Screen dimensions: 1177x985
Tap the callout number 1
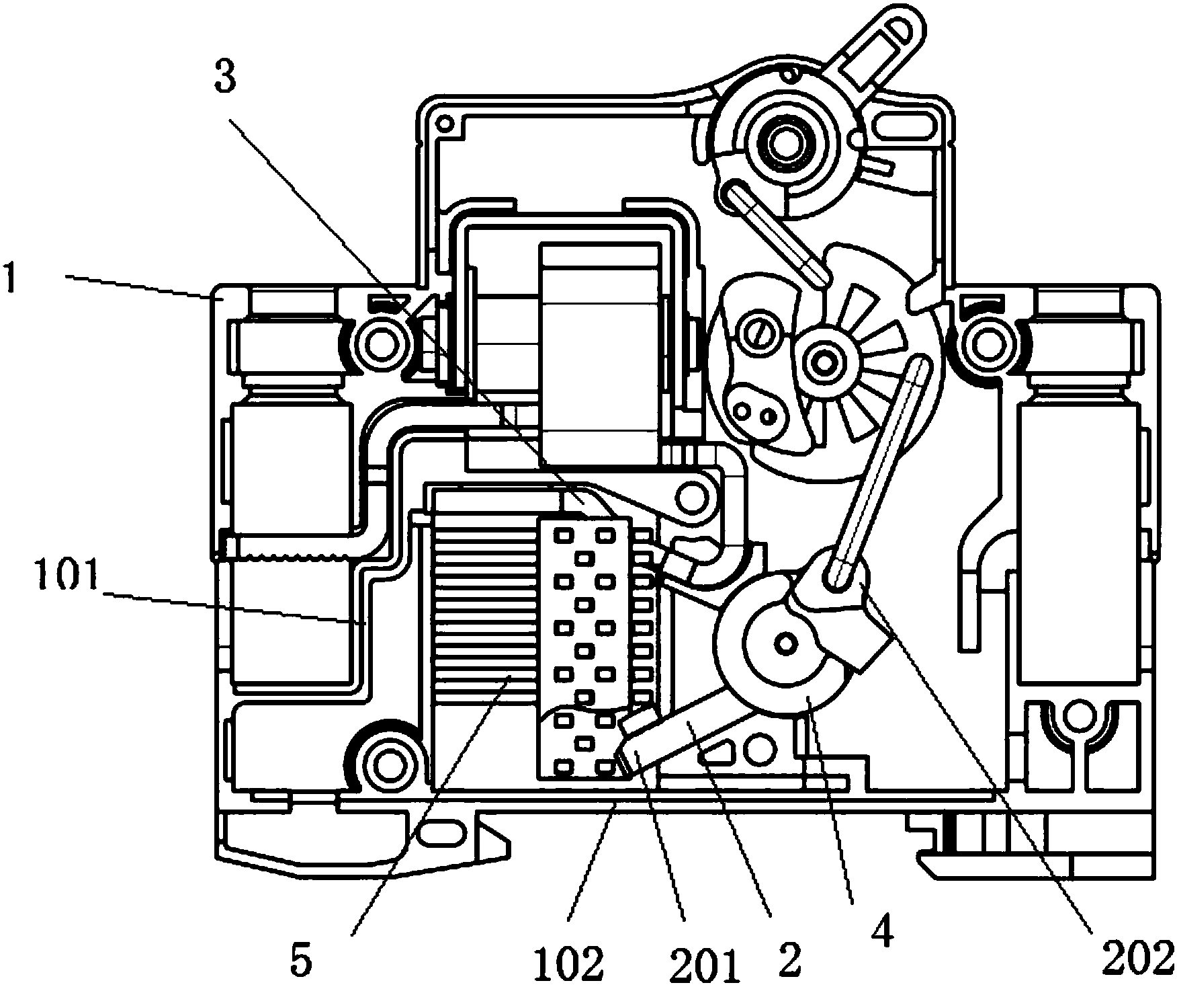9,278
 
